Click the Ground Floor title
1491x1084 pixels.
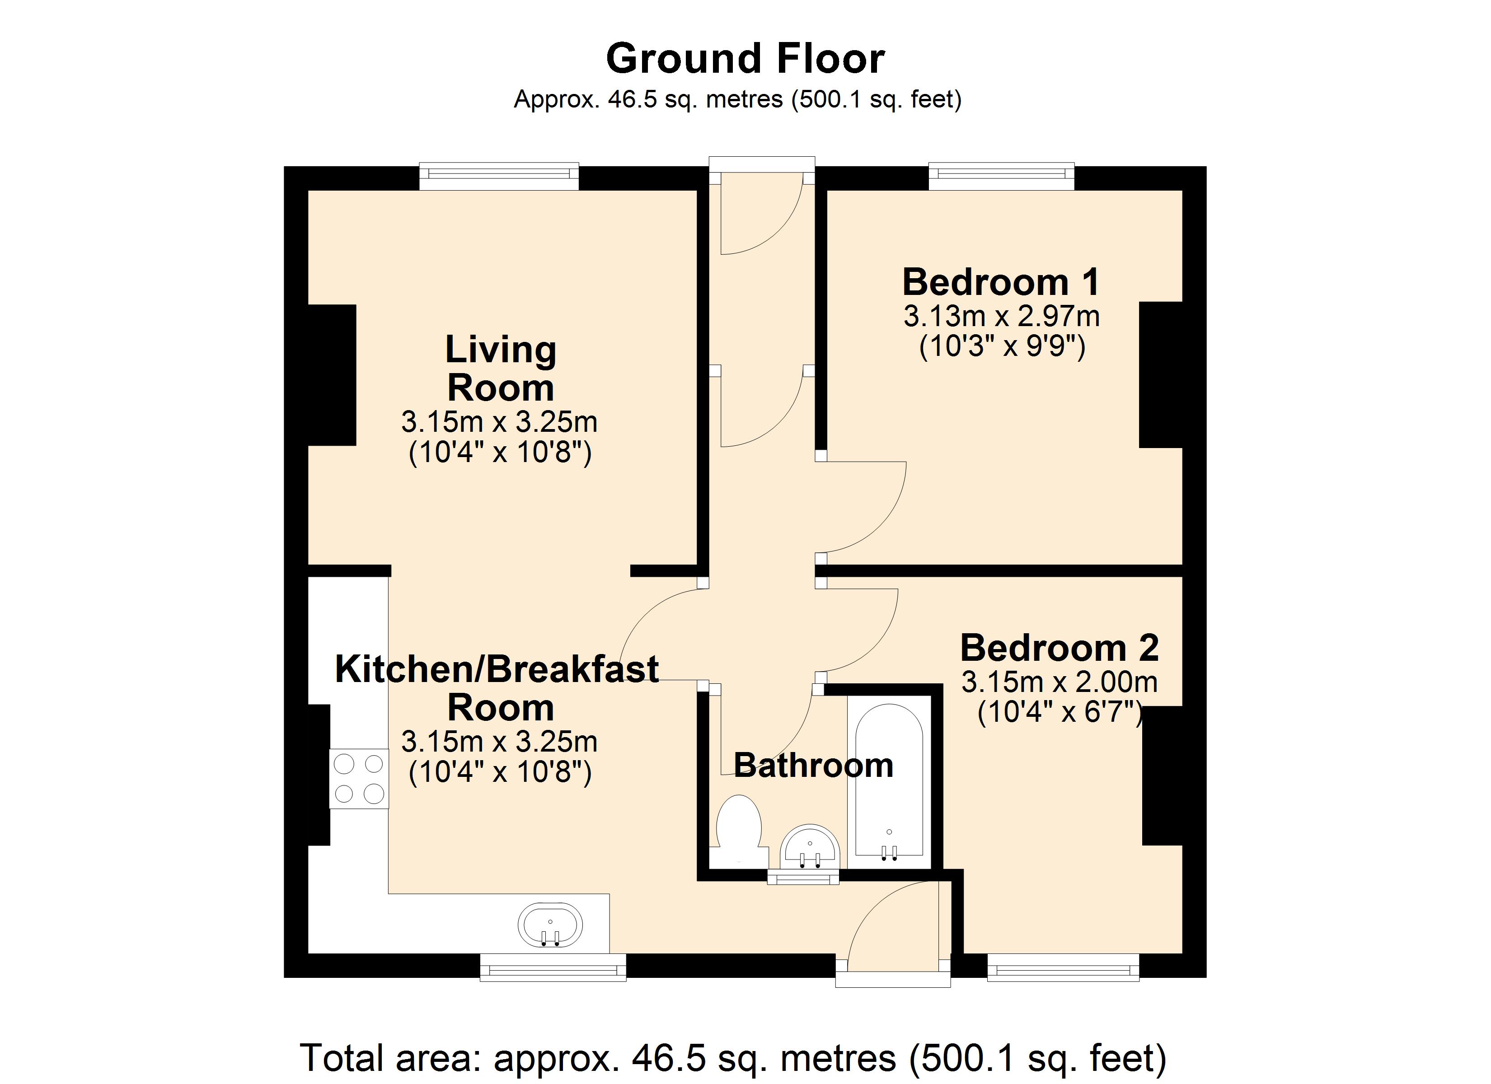pyautogui.click(x=745, y=59)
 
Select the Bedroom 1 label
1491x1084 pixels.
pyautogui.click(x=1001, y=283)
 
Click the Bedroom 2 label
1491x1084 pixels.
pyautogui.click(x=1059, y=648)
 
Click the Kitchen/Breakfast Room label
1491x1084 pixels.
pyautogui.click(x=497, y=687)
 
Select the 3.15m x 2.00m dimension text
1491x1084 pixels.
pyautogui.click(x=1059, y=682)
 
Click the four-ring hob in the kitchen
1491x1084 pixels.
pyautogui.click(x=359, y=779)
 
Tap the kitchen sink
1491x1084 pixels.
pyautogui.click(x=550, y=925)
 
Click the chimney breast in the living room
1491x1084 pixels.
pyautogui.click(x=332, y=375)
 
